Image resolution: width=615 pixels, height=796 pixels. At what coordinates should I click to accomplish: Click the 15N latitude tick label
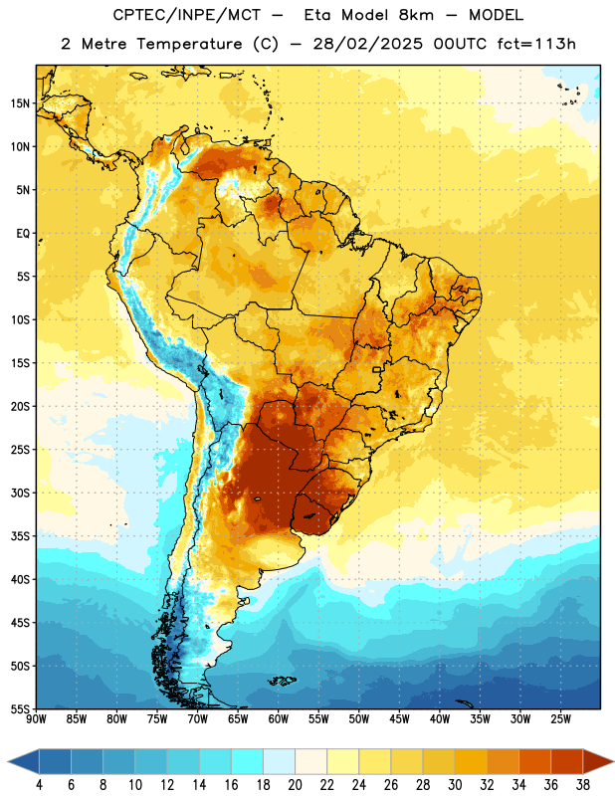(20, 103)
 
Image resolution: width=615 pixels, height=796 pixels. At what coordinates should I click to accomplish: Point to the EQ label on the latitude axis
(23, 234)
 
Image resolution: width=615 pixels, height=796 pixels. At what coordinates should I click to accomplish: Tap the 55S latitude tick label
(20, 708)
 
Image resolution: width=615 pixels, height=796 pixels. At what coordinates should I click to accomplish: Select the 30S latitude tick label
(20, 493)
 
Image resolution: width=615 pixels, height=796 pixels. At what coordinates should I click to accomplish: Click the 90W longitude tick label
(36, 719)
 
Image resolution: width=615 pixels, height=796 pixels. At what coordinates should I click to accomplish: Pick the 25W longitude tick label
(560, 719)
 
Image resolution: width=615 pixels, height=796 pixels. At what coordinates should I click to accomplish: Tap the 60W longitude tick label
(279, 719)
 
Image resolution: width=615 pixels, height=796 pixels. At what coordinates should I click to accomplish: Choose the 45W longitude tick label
(399, 719)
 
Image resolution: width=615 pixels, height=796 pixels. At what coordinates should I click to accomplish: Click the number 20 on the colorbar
(295, 785)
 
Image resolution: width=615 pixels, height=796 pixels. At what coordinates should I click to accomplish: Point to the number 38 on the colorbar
(583, 785)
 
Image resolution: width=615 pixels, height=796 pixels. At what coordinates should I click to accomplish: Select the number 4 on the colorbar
(39, 785)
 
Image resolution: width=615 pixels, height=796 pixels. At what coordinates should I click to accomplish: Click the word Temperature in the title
(189, 44)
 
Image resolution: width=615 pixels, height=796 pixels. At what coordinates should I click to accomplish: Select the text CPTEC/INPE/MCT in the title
(186, 15)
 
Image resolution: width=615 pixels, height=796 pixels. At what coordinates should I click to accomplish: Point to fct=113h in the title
(536, 44)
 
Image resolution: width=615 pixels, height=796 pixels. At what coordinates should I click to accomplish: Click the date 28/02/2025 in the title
(367, 44)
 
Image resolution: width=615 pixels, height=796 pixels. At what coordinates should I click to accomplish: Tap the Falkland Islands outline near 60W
(282, 681)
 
